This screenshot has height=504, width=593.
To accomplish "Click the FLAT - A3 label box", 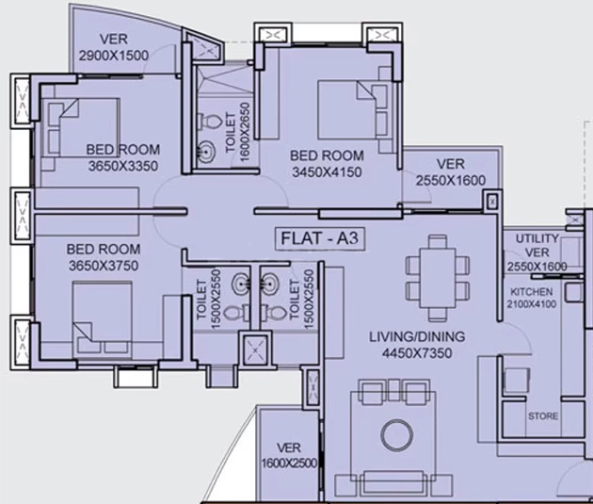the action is (320, 238).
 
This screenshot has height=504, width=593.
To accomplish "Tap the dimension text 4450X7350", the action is (417, 353).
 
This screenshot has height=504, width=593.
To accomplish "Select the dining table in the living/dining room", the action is (438, 278).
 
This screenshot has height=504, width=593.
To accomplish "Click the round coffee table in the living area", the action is (396, 434).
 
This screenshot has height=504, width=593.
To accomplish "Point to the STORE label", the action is (543, 415).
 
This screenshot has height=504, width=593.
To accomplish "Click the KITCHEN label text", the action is (532, 292).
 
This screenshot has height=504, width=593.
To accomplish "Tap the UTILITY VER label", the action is (537, 245).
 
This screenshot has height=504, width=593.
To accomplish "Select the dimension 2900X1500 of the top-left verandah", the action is (114, 56).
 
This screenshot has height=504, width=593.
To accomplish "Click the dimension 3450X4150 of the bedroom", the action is (327, 172).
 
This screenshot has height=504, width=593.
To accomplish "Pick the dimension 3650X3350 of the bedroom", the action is (123, 166).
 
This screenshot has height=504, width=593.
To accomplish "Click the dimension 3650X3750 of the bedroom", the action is (104, 266).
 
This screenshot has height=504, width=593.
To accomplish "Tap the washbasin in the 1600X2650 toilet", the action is (207, 152).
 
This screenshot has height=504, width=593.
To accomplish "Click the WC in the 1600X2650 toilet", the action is (209, 121).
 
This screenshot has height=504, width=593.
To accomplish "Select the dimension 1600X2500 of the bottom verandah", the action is (289, 463).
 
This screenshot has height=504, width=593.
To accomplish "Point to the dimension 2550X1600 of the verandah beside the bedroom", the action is (451, 181).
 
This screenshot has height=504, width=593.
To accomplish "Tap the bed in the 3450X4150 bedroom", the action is (353, 109).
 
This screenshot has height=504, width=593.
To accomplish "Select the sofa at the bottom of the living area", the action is (393, 482).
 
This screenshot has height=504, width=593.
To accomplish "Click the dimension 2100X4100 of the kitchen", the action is (532, 304).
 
